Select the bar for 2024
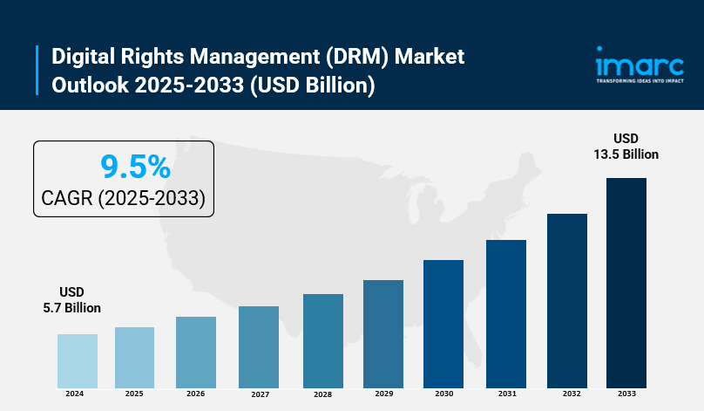78,360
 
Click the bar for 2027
259,346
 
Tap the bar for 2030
443,324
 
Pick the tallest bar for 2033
626,283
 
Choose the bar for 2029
383,333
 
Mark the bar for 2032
567,300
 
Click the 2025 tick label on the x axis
134,394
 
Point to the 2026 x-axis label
196,394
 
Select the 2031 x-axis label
506,394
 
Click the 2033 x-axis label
626,394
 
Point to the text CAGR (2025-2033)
123,199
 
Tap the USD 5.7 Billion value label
71,299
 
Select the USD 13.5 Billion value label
626,146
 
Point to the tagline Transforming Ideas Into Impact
640,80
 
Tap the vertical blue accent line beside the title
37,70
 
